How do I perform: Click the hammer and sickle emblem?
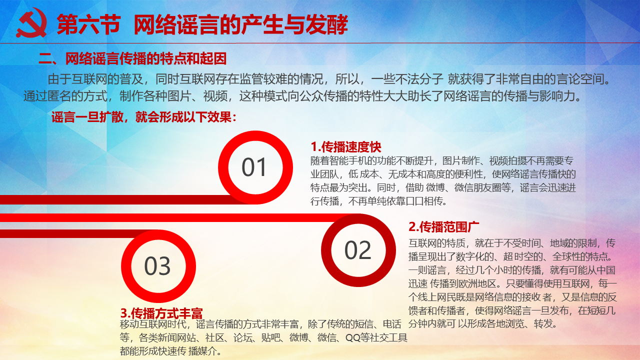[31, 23]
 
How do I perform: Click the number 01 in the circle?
[254, 167]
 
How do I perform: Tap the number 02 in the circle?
[357, 250]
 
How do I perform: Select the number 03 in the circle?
[157, 266]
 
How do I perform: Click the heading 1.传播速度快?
[346, 147]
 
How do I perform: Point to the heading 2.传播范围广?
[443, 227]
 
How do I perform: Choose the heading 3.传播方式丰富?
[161, 313]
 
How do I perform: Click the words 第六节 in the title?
[89, 24]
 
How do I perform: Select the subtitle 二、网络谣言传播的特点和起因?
[132, 58]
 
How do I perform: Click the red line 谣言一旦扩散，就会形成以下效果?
[144, 117]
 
